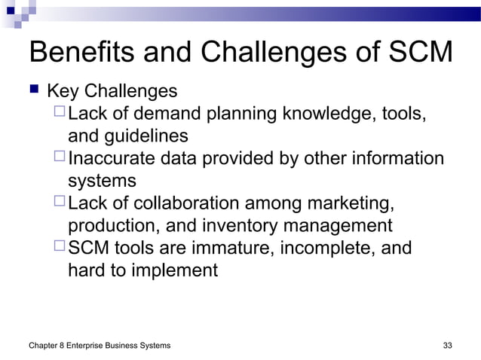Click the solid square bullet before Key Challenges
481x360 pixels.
point(33,93)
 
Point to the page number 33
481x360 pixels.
point(447,345)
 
